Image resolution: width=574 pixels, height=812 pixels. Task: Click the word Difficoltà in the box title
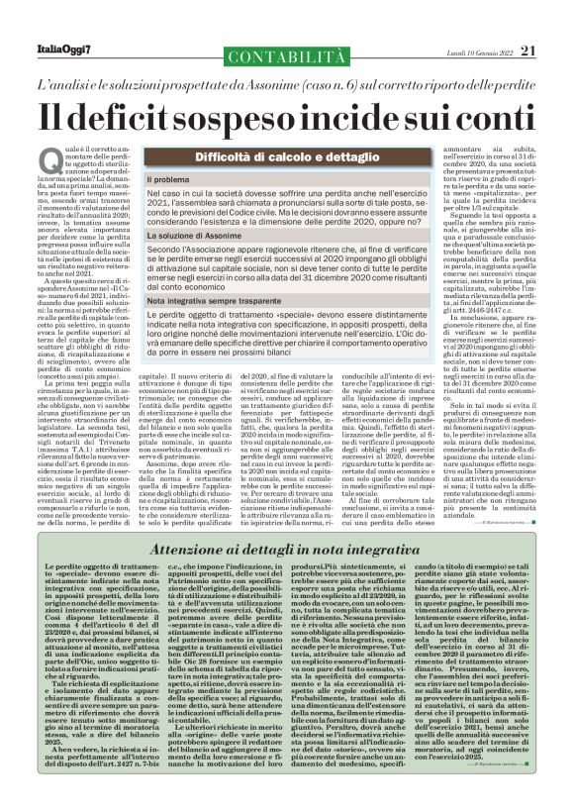point(213,156)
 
